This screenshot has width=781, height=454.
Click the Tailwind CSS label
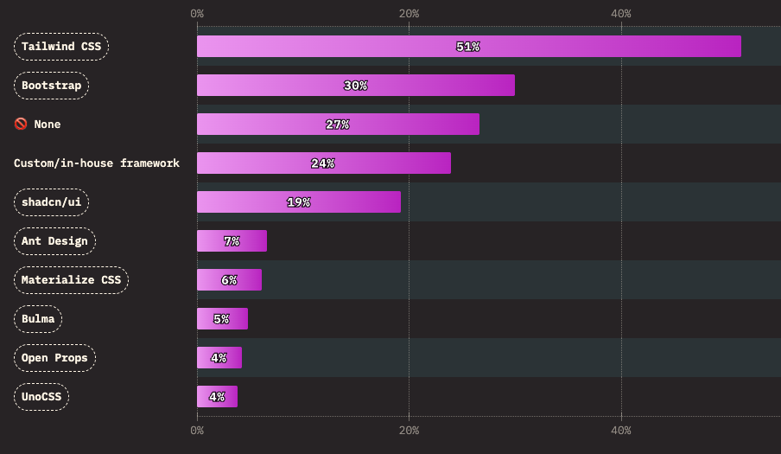pyautogui.click(x=61, y=47)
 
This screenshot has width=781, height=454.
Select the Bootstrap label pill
pyautogui.click(x=52, y=86)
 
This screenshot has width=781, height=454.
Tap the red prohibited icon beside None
pyautogui.click(x=21, y=125)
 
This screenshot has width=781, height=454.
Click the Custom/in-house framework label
pyautogui.click(x=97, y=163)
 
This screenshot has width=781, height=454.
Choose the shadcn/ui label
pyautogui.click(x=52, y=202)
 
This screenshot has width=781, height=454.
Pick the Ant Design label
pyautogui.click(x=54, y=241)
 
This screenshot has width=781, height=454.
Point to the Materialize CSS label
pyautogui.click(x=71, y=280)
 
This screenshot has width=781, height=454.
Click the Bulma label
pyautogui.click(x=38, y=319)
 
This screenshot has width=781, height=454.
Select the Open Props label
pyautogui.click(x=54, y=358)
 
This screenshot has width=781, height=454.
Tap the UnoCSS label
pyautogui.click(x=41, y=397)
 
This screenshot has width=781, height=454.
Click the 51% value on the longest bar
pyautogui.click(x=467, y=47)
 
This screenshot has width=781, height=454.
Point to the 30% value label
pyautogui.click(x=355, y=86)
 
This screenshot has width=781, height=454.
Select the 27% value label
pyautogui.click(x=337, y=125)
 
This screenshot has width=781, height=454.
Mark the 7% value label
pyautogui.click(x=232, y=241)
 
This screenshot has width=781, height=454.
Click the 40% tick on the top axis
pyautogui.click(x=620, y=14)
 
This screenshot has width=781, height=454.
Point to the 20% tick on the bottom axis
pyautogui.click(x=409, y=431)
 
